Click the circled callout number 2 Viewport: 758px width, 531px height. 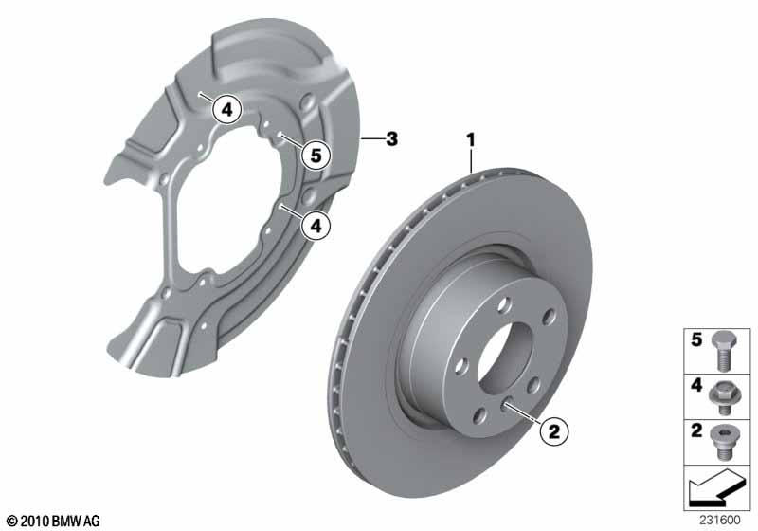pyautogui.click(x=554, y=430)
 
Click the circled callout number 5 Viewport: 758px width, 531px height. pyautogui.click(x=316, y=156)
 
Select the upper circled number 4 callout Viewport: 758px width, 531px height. pyautogui.click(x=226, y=109)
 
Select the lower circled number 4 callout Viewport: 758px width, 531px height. pyautogui.click(x=316, y=226)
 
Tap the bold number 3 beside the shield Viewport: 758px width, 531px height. pyautogui.click(x=391, y=138)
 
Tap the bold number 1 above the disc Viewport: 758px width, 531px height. pyautogui.click(x=470, y=140)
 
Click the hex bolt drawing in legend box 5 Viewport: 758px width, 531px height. pyautogui.click(x=723, y=351)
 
